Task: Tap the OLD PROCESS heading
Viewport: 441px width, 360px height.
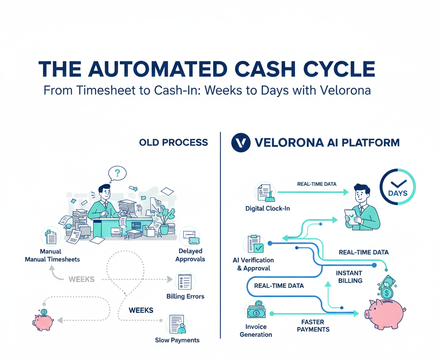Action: click(x=173, y=143)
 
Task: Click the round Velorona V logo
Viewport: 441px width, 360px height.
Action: click(x=241, y=143)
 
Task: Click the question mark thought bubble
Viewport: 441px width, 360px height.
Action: click(x=118, y=173)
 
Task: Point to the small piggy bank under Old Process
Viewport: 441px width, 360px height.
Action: click(x=43, y=319)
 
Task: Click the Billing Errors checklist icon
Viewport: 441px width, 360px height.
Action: click(x=185, y=282)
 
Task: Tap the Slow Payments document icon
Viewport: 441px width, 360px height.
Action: click(x=177, y=324)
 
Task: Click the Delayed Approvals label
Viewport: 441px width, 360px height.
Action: click(x=190, y=255)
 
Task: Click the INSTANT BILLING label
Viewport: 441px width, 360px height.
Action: click(x=349, y=276)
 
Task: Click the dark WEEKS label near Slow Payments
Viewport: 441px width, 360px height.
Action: click(x=141, y=310)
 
